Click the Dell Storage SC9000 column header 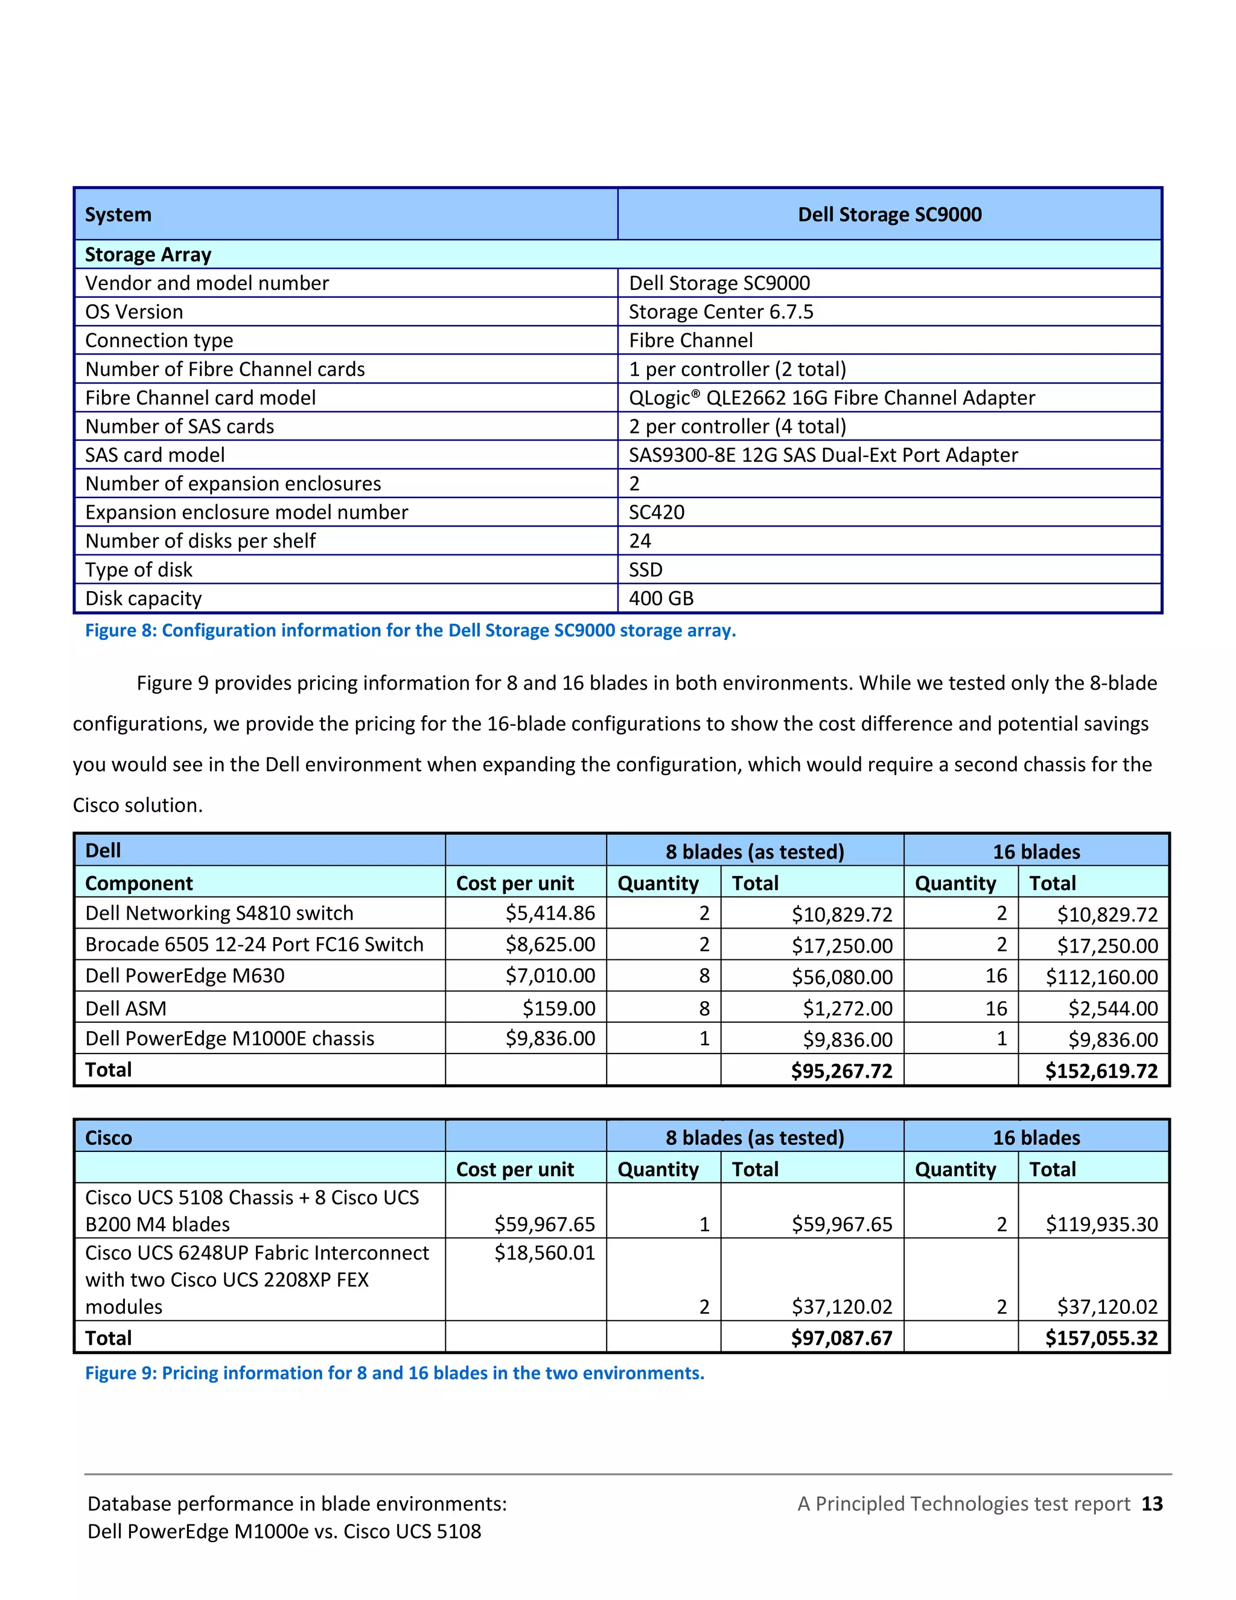pyautogui.click(x=889, y=215)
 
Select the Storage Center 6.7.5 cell pyautogui.click(x=721, y=312)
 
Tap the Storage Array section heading pyautogui.click(x=148, y=255)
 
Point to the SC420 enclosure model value pyautogui.click(x=657, y=512)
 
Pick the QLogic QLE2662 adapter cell pyautogui.click(x=832, y=398)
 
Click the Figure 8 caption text pyautogui.click(x=410, y=631)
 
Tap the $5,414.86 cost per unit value pyautogui.click(x=550, y=914)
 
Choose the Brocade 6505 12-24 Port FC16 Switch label pyautogui.click(x=254, y=945)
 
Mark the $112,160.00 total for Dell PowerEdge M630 pyautogui.click(x=1101, y=978)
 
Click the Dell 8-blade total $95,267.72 pyautogui.click(x=841, y=1072)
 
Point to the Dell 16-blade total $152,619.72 pyautogui.click(x=1101, y=1072)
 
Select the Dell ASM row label pyautogui.click(x=126, y=1009)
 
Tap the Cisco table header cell pyautogui.click(x=109, y=1138)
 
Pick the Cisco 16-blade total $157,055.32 pyautogui.click(x=1101, y=1339)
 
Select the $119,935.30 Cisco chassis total pyautogui.click(x=1101, y=1224)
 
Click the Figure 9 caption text pyautogui.click(x=395, y=1373)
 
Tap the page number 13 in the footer pyautogui.click(x=1152, y=1504)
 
